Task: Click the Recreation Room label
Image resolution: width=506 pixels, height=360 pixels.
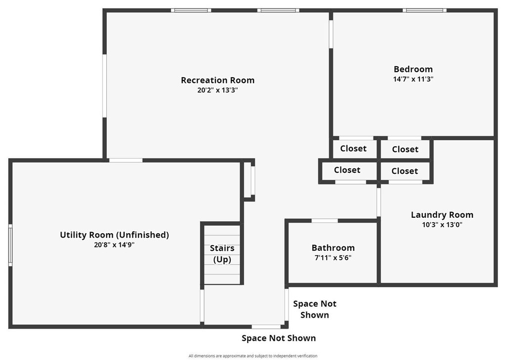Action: pos(217,80)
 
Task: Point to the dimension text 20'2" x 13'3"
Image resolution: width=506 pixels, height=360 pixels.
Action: pos(217,90)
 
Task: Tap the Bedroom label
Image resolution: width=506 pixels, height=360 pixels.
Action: pos(413,69)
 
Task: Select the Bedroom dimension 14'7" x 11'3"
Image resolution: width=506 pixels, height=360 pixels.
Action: pos(413,79)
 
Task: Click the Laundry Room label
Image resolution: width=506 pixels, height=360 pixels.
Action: pos(442,215)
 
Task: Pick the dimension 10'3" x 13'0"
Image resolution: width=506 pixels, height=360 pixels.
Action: pos(442,225)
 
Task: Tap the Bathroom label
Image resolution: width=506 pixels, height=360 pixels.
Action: pos(333,248)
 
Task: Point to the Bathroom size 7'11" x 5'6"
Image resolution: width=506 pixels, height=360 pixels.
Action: pos(333,257)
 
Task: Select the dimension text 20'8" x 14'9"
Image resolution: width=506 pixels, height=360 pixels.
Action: pos(114,244)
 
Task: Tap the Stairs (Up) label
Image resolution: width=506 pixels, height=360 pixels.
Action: pos(222,254)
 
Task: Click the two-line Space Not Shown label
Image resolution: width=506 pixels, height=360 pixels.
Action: pos(314,309)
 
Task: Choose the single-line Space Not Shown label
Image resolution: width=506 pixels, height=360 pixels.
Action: pos(278,338)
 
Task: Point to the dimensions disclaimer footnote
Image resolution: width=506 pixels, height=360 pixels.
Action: pos(253,356)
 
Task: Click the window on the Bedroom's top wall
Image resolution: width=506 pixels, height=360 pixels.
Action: pos(424,10)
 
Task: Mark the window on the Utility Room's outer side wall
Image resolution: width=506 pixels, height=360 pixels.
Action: pos(10,245)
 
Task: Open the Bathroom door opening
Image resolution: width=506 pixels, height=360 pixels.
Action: pos(325,221)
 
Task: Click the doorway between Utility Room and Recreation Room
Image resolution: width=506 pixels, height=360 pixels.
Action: pos(126,160)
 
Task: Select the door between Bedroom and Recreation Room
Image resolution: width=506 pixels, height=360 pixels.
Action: pos(331,34)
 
